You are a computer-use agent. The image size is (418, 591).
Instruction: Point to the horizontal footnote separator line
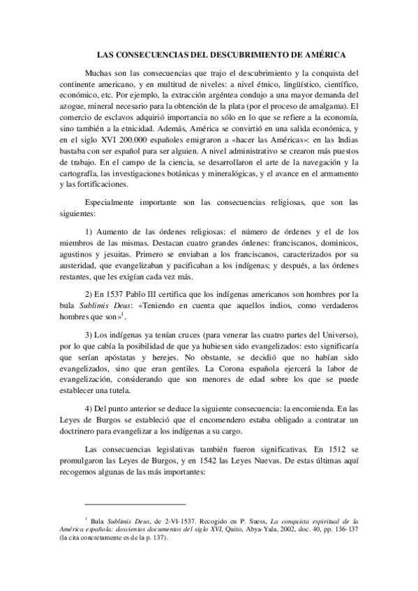(x=135, y=503)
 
